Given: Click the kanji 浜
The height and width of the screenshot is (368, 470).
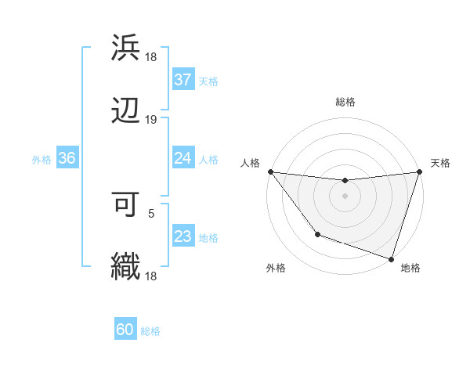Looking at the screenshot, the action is point(126,48).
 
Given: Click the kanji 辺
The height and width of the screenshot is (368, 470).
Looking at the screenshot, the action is point(126,110).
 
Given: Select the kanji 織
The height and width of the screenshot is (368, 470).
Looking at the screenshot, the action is point(126,266).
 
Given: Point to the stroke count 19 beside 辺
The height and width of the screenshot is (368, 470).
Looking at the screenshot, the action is point(151,120).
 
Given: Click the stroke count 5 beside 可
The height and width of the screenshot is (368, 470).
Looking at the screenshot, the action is point(151,213).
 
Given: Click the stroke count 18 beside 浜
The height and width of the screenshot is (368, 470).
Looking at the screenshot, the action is point(151,57).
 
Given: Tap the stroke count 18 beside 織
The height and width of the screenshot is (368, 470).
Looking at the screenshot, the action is point(151,276).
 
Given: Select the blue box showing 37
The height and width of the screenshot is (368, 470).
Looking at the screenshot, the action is point(183,80).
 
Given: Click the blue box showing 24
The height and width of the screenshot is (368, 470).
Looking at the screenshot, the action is point(183,158).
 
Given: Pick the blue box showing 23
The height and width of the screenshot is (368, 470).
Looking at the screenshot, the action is point(183,236).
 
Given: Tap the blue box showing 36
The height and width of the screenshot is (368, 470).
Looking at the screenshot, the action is point(67,158).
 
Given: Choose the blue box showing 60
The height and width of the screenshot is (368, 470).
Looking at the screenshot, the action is point(125,330).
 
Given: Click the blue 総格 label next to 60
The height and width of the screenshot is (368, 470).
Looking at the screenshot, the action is point(150,331).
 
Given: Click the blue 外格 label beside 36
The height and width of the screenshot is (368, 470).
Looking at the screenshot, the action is point(42,160).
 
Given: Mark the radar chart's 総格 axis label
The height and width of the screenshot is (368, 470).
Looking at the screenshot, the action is point(345,102).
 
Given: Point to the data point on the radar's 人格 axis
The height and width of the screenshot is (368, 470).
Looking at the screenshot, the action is point(271,171).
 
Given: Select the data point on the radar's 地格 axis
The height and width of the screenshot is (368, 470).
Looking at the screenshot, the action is point(391,258).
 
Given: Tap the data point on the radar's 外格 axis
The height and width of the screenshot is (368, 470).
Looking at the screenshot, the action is point(317,234).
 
